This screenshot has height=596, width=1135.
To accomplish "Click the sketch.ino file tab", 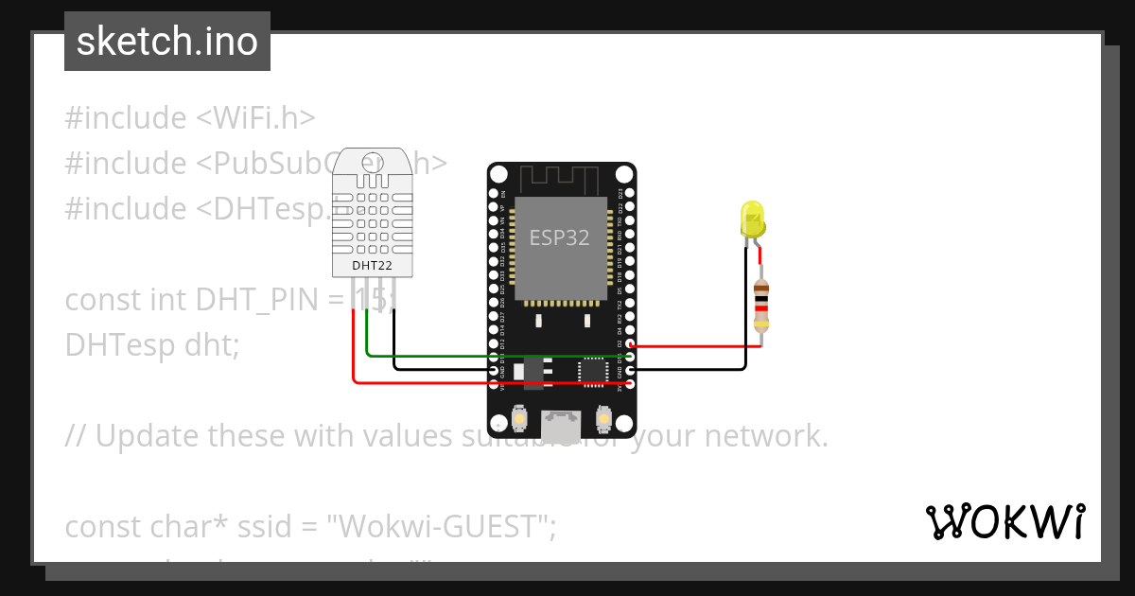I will click(166, 42).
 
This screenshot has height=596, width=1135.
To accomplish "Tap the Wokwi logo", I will click(1004, 521).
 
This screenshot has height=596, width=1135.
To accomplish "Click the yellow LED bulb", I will click(753, 220).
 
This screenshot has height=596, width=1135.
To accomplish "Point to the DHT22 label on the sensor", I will click(373, 266).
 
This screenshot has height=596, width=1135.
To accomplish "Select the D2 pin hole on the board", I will click(630, 345).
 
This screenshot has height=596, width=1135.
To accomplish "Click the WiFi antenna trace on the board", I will click(561, 178).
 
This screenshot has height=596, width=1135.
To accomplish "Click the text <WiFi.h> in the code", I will click(255, 118).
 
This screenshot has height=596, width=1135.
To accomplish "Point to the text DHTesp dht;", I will click(152, 345).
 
